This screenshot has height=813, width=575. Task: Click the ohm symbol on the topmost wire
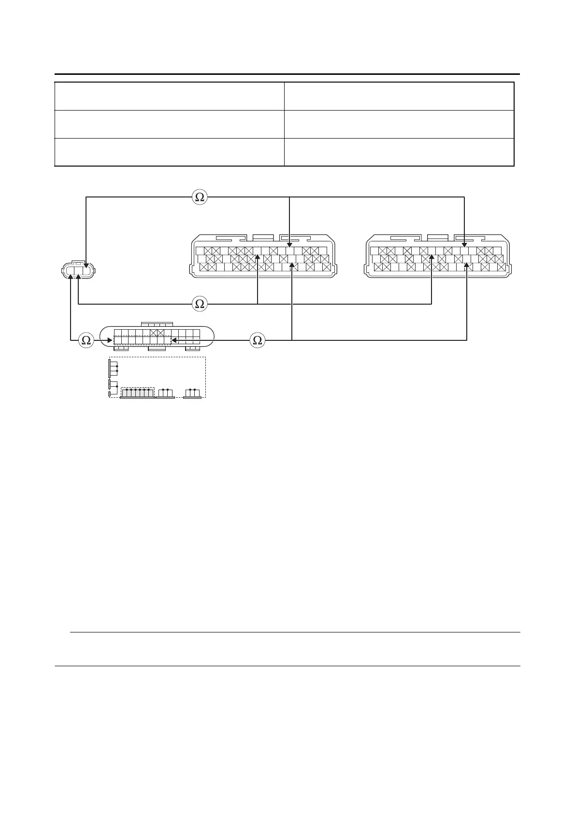200,197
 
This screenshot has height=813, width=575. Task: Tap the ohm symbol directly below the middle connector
200,304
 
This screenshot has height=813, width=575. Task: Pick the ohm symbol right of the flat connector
258,340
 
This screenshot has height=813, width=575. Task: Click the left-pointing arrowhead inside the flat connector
173,340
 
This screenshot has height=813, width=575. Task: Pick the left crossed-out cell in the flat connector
154,333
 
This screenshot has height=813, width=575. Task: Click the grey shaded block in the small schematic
137,393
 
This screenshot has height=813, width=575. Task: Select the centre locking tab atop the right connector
438,238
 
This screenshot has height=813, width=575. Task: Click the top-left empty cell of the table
169,96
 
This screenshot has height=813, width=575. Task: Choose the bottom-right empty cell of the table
399,152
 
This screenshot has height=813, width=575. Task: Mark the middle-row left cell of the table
169,124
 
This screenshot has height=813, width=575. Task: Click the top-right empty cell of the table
399,96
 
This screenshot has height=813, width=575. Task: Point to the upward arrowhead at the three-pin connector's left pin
71,277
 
